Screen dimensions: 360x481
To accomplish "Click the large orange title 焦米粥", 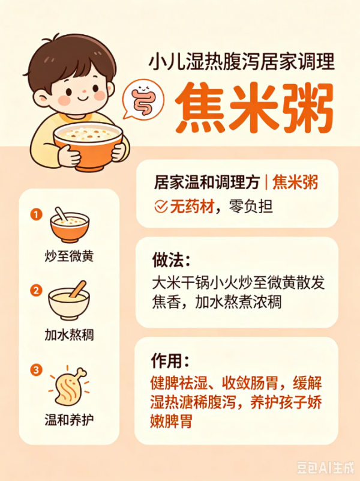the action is coord(254,108).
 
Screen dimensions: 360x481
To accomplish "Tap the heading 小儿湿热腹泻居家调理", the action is coord(242,62).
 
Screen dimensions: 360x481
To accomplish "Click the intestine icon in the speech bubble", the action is coord(143,98).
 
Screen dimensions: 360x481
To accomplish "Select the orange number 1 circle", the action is coord(36,214).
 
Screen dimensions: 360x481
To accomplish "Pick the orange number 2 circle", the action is coord(36,290).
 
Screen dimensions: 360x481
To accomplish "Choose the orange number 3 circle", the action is coord(36,370).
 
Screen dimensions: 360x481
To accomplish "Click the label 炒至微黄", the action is coord(69,256).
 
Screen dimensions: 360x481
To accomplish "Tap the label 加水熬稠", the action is coord(69,334).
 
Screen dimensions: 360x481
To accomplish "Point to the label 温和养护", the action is coord(69,420).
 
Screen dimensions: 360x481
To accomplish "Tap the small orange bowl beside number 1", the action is coord(70,225).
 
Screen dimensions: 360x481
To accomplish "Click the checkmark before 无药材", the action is coord(161,207).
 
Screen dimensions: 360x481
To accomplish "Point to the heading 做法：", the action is coord(171,260).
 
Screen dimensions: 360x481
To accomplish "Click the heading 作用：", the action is coord(170,361).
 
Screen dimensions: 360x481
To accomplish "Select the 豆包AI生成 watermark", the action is coord(325,468).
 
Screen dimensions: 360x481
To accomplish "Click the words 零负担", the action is coord(251,207).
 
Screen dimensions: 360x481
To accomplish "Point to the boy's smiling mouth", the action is coord(83,98).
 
